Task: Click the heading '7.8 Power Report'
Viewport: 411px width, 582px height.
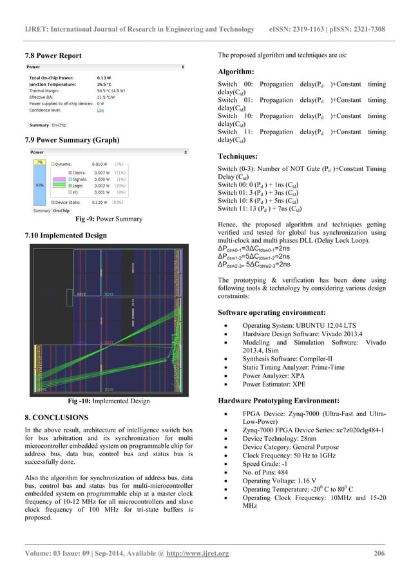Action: pyautogui.click(x=53, y=55)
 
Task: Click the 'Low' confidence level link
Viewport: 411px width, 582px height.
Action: pyautogui.click(x=100, y=110)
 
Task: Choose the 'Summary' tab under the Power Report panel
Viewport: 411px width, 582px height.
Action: pyautogui.click(x=39, y=125)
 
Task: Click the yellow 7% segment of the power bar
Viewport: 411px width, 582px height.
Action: pyautogui.click(x=39, y=161)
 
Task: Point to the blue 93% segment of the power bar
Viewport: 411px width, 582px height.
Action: pyautogui.click(x=39, y=185)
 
